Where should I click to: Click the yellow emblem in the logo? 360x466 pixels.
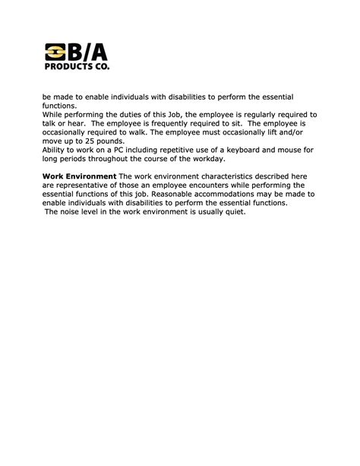tap(55, 54)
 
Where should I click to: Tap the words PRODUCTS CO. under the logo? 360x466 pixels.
tap(77, 68)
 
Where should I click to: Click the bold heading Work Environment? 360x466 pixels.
tap(79, 176)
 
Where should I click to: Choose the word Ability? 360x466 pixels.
tap(56, 150)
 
